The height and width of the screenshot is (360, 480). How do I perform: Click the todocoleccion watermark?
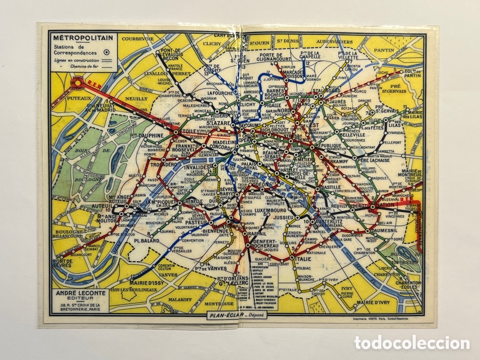[412, 343]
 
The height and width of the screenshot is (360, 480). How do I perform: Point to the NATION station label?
[385, 205]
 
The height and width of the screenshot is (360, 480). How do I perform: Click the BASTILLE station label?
[331, 187]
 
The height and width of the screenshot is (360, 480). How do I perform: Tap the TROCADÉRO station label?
[164, 164]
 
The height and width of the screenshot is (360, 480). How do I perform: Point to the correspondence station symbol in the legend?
[107, 52]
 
